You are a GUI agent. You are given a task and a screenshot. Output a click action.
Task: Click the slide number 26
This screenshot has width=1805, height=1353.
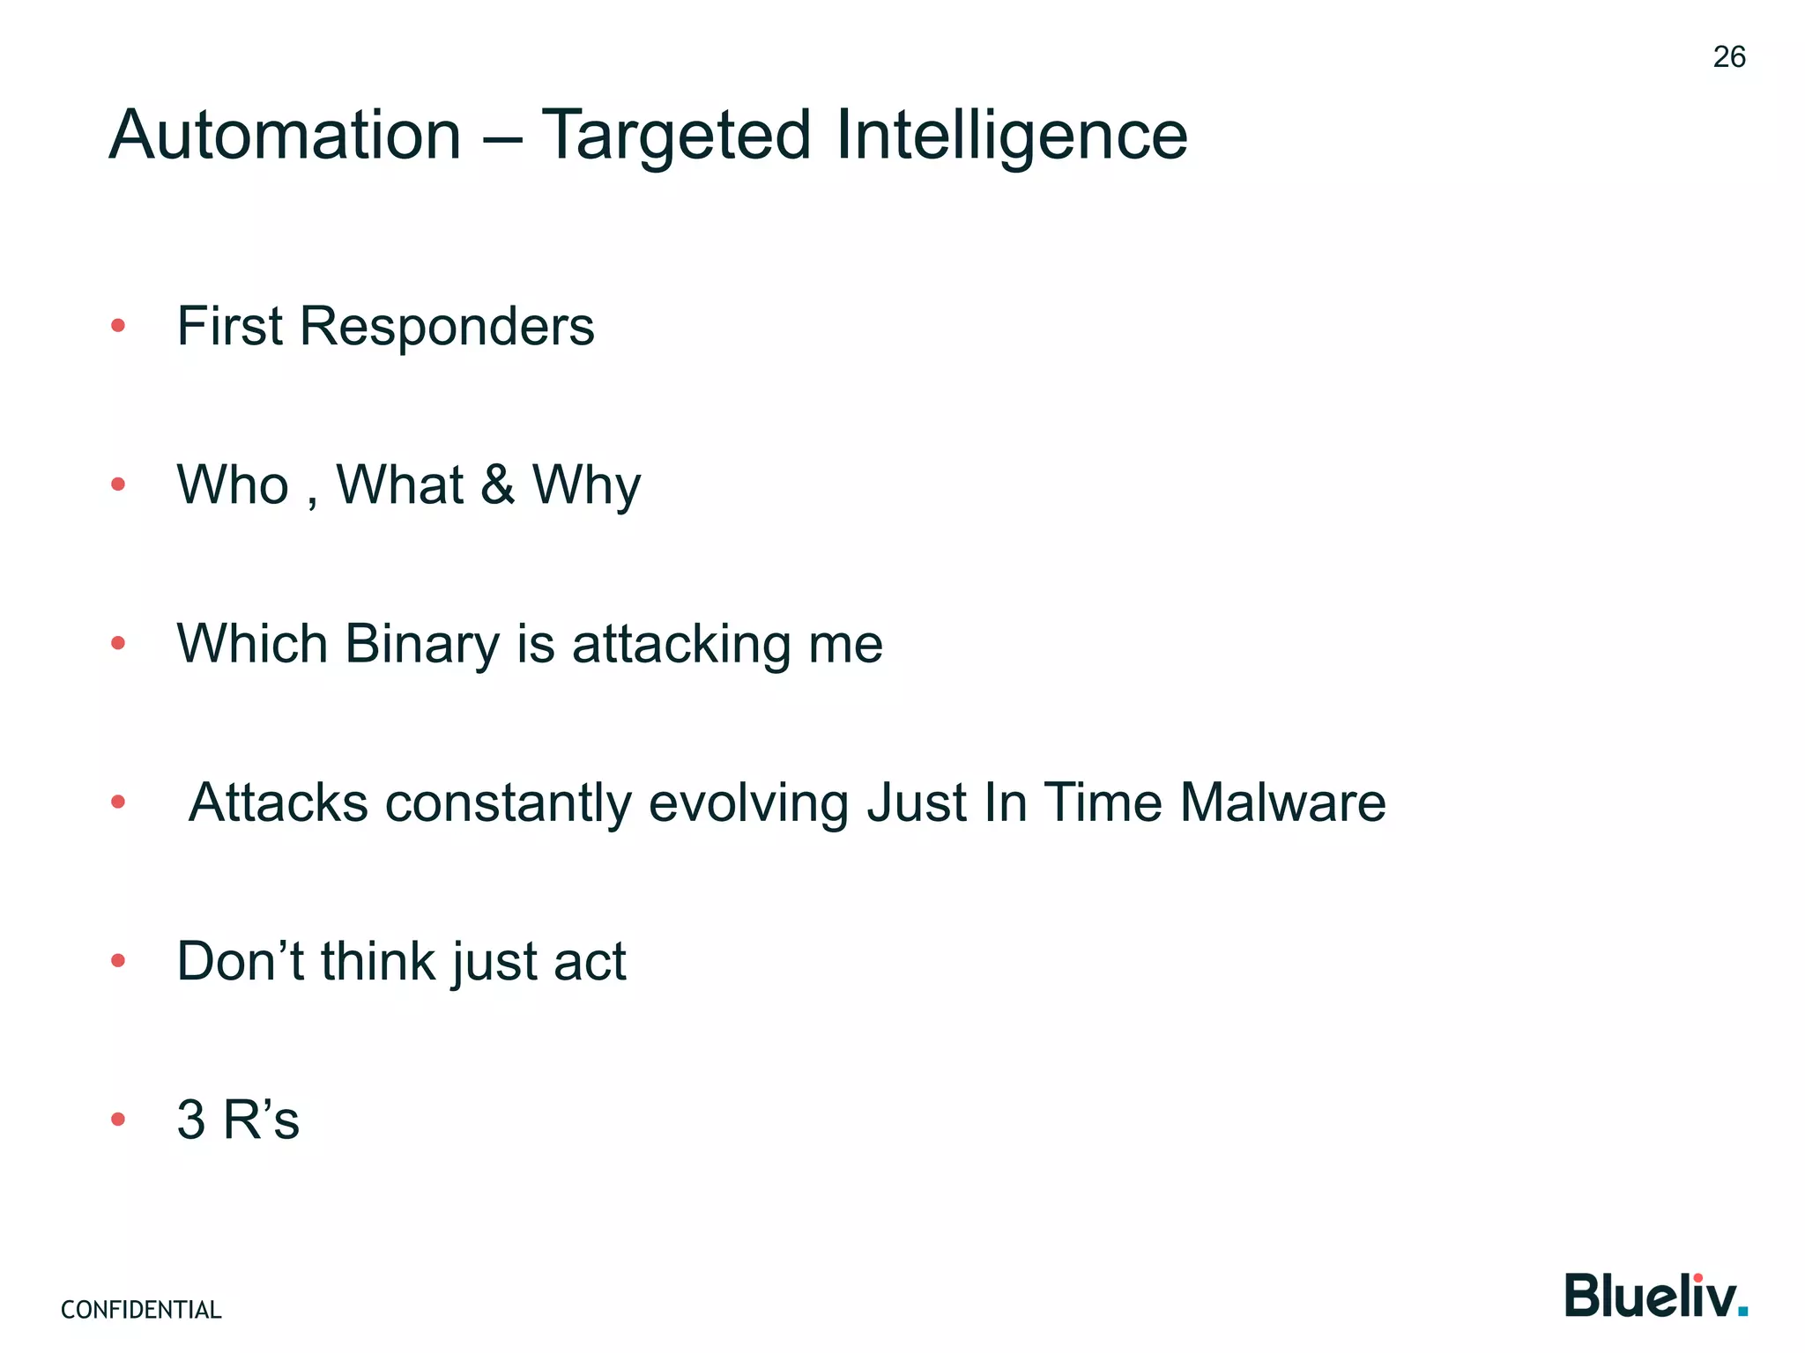1728,57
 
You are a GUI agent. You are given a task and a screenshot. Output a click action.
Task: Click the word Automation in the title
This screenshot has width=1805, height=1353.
285,136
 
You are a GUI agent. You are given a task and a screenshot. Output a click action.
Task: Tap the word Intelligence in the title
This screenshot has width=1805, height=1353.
1011,136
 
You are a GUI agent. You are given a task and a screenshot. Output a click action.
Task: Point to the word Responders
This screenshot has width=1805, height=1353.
447,327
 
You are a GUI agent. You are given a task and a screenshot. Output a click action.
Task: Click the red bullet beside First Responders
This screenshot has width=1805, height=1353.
118,327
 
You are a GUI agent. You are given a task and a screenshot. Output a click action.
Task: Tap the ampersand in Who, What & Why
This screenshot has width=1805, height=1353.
497,484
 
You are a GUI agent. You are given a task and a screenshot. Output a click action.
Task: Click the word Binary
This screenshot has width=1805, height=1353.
422,644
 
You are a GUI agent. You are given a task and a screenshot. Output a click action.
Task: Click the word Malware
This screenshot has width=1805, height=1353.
1282,802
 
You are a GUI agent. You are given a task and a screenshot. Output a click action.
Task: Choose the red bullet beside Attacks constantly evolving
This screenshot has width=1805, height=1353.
118,802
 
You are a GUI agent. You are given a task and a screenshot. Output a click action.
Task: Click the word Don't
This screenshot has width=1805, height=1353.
240,961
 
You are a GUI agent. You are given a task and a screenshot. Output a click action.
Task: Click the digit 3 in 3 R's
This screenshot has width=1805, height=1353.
191,1120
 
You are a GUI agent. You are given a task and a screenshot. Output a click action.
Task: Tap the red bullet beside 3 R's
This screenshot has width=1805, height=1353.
118,1120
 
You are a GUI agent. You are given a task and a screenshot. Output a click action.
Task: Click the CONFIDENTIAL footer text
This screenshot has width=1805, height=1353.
141,1310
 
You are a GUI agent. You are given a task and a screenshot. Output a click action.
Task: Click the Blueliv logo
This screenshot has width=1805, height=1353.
1655,1296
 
